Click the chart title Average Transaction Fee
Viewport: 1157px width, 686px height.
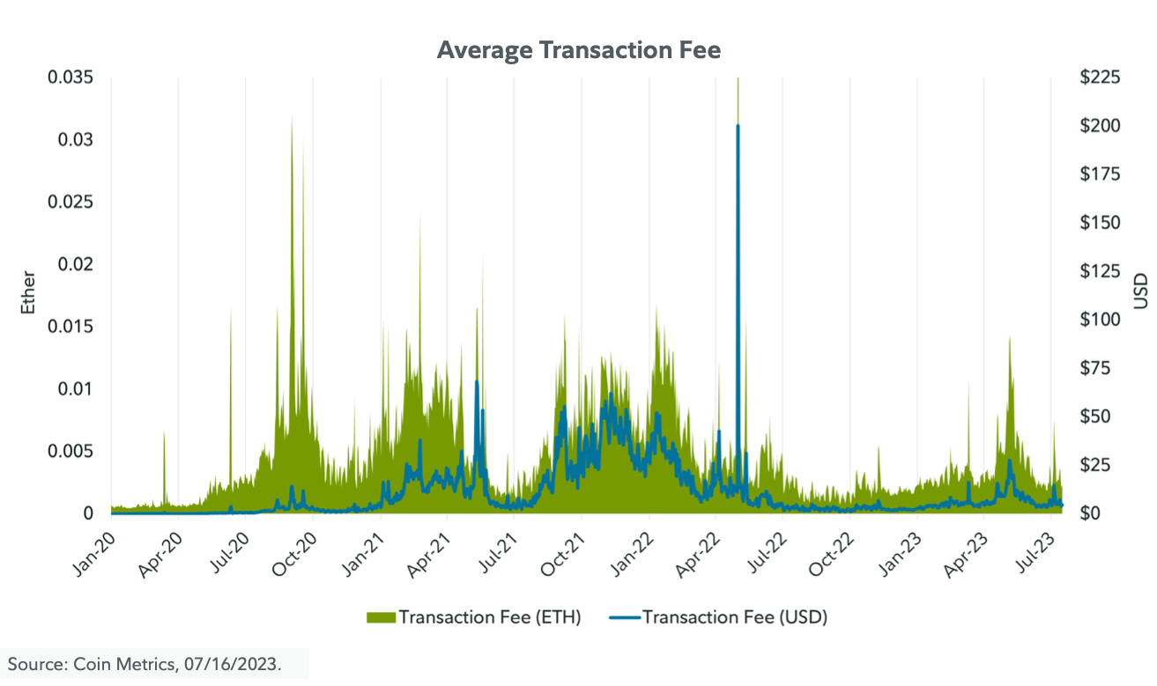coord(578,50)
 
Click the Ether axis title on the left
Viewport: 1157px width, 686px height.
coord(28,294)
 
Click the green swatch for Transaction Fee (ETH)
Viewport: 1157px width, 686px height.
coord(381,617)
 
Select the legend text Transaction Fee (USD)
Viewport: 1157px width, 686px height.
coord(734,617)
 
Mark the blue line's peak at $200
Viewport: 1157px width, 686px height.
coord(738,126)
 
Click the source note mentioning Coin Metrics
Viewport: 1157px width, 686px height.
coord(145,664)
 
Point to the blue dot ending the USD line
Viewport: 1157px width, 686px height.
coord(1061,505)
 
